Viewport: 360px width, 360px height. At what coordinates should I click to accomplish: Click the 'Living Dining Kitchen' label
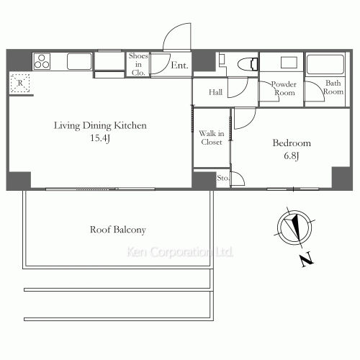point(100,126)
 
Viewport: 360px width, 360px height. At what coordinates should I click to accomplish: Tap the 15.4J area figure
point(100,138)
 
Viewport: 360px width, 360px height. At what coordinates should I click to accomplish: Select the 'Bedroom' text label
point(292,143)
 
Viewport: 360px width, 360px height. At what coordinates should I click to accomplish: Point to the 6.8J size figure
point(292,156)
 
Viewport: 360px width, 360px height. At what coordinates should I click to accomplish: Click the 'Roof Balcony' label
point(118,230)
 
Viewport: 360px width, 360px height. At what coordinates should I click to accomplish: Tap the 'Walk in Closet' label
point(212,138)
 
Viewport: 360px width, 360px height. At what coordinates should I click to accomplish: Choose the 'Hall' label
point(215,92)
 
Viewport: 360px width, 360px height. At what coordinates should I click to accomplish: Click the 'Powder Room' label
point(284,89)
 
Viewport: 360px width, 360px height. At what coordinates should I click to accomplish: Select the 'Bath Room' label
point(333,87)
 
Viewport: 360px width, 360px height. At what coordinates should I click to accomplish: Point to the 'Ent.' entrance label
point(179,66)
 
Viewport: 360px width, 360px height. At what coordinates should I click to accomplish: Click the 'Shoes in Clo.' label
point(138,64)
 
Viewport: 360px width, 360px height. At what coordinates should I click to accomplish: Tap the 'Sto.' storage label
point(223,178)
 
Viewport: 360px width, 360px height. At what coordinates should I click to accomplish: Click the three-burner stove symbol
point(42,61)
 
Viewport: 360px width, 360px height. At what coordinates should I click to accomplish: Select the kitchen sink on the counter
point(79,61)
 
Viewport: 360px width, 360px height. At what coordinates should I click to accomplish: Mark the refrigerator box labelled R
point(20,84)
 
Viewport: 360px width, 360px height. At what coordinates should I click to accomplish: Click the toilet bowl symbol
point(248,64)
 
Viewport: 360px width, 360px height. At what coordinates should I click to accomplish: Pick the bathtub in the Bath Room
point(325,64)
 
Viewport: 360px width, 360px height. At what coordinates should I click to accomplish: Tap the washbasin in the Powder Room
point(289,63)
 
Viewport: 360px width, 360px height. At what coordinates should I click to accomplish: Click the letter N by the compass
point(307,259)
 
